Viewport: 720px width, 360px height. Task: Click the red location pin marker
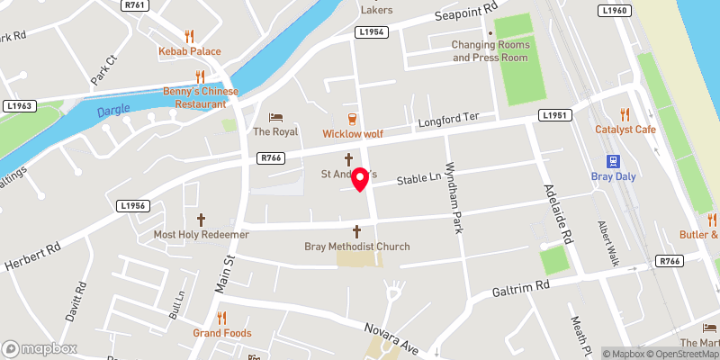tap(361, 179)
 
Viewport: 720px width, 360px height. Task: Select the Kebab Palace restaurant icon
tap(189, 36)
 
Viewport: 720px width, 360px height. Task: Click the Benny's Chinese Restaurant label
tap(201, 97)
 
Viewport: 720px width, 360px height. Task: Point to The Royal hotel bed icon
tap(274, 117)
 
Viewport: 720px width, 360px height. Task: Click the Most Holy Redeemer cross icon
tap(201, 220)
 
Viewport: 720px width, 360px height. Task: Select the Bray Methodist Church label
tap(357, 247)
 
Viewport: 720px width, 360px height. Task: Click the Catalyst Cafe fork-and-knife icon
tap(625, 114)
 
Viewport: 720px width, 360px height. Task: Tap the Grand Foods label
tap(220, 332)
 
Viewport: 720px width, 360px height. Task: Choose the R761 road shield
tap(136, 4)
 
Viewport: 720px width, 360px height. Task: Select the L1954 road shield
tap(371, 31)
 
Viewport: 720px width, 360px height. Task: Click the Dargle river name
tap(112, 110)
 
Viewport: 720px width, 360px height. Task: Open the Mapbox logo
tap(39, 348)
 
